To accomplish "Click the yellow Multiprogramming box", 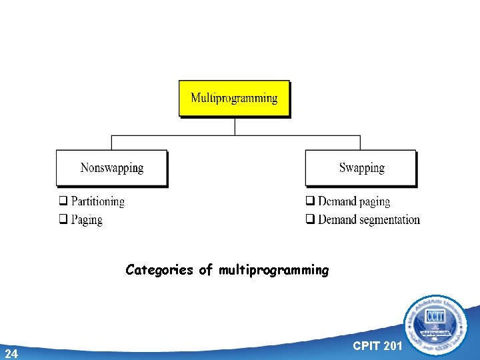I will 234,98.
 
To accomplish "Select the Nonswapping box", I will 111,167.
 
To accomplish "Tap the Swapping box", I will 361,167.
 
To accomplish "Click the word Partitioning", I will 97,201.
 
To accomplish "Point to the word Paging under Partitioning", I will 87,219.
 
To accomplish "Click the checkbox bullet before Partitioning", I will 62,201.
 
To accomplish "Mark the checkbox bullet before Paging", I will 62,219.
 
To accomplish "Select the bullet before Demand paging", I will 310,201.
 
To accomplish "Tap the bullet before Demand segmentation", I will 310,219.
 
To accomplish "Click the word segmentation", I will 389,219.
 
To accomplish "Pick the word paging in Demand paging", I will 374,201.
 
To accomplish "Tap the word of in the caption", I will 206,270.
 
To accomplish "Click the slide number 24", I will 11,353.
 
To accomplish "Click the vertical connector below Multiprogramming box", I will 235,127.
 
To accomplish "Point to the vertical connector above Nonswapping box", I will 111,143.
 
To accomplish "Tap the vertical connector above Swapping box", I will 360,143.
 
